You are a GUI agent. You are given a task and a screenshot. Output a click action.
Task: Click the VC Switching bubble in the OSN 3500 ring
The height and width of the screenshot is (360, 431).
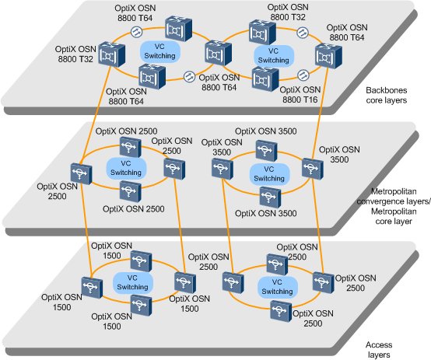269,173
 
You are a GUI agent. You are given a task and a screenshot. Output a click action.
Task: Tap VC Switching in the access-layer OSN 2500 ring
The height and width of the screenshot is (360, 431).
277,285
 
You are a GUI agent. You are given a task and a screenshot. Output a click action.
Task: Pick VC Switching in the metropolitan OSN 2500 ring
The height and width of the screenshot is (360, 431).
126,166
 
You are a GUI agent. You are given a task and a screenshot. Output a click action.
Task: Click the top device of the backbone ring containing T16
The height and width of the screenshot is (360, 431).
259,31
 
